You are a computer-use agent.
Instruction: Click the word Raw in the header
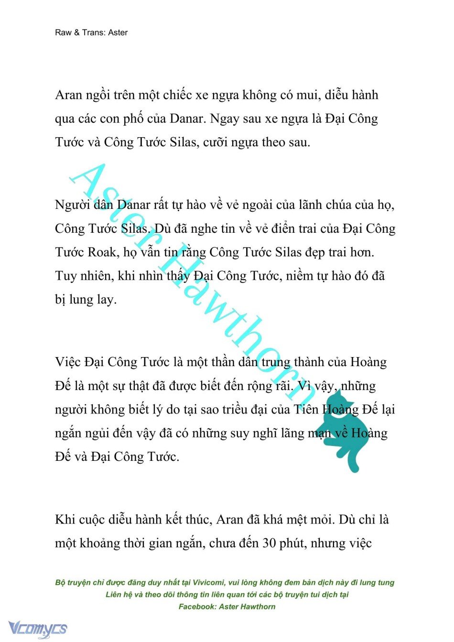click(63, 33)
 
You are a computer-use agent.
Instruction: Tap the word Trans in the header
click(92, 33)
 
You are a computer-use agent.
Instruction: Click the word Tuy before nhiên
click(65, 276)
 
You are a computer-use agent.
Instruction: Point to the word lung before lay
click(81, 300)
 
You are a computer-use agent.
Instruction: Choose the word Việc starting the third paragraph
click(68, 362)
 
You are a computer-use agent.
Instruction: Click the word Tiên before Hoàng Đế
click(305, 410)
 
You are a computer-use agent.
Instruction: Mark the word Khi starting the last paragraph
click(65, 519)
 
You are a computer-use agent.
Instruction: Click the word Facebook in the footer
click(196, 607)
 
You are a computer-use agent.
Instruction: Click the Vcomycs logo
click(38, 628)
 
